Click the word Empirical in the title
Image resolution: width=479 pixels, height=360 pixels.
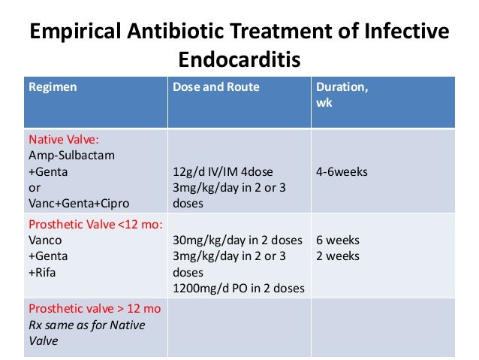point(82,33)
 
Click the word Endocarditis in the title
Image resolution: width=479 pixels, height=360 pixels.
point(239,59)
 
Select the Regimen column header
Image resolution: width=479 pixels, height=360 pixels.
point(53,87)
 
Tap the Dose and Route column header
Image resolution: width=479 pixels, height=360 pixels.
point(216,87)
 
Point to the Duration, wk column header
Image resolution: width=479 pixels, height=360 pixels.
point(342,87)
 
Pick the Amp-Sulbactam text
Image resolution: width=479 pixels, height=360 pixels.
point(67,156)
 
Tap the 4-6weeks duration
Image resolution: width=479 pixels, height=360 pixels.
point(342,171)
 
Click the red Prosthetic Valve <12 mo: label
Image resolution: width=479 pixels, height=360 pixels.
point(95,225)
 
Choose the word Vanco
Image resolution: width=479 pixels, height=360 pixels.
point(44,241)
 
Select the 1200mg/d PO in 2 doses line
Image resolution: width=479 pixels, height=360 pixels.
point(239,288)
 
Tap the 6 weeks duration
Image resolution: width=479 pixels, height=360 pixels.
point(338,241)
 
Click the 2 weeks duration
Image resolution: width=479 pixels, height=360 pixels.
point(338,256)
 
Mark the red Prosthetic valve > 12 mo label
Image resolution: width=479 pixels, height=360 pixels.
point(95,309)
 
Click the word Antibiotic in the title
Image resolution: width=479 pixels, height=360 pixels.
point(193,33)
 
